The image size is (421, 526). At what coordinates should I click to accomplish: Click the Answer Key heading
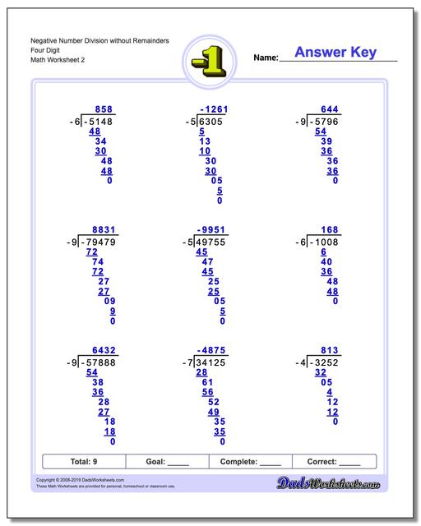(335, 53)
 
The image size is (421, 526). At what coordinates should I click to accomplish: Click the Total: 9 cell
(84, 462)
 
